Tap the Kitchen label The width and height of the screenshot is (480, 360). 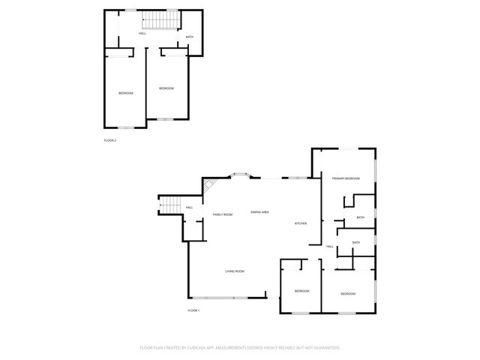coord(301,224)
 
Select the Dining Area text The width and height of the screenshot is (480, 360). coord(260,214)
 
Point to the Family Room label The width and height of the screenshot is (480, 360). coord(223,214)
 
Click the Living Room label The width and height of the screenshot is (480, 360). coord(235,271)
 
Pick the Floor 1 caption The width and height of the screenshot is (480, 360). coord(194,310)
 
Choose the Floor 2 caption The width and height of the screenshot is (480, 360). coord(109,140)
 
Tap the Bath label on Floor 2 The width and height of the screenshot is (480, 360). coord(190,37)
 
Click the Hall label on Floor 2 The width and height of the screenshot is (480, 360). coord(142,34)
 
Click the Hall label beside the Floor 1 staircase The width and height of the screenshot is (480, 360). coord(189,208)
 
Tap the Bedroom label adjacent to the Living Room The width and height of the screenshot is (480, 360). coord(301,291)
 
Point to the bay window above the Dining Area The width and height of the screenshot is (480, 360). coord(241,176)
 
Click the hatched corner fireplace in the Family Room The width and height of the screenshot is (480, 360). coord(211,185)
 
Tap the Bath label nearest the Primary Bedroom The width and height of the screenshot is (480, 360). coord(361,218)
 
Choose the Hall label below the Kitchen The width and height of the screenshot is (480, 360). coord(330,247)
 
